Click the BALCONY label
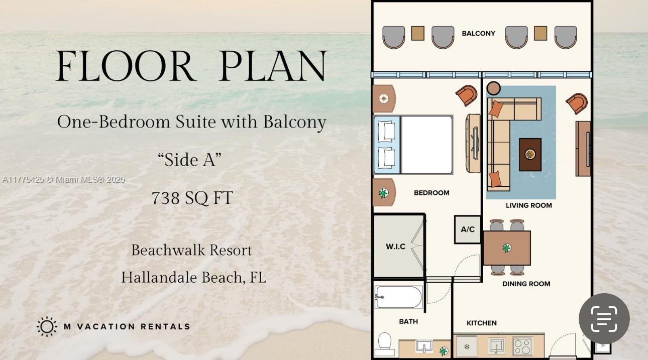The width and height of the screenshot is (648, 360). point(478,34)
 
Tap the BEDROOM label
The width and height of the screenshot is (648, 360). point(431,193)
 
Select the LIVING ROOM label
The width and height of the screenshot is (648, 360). point(528,205)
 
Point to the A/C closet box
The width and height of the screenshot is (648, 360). point(468,229)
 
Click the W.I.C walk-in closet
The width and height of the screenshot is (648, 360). point(396,246)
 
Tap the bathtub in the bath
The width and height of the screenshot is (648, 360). point(399,297)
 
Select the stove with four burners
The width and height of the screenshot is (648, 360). point(522,346)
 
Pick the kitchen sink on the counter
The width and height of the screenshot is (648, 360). point(496,346)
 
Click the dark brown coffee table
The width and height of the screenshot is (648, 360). point(530,154)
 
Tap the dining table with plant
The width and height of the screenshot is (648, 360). point(507,248)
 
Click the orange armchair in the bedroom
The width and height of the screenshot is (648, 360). point(467,95)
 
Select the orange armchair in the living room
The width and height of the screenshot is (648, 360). point(577,103)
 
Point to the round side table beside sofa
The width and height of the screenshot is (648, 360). point(494,88)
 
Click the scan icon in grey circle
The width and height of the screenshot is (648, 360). point(604,319)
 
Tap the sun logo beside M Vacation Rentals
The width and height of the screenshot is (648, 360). point(47,326)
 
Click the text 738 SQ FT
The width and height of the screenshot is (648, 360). point(192,198)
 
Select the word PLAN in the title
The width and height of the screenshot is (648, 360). point(273,66)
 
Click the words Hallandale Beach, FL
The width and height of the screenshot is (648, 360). point(193,277)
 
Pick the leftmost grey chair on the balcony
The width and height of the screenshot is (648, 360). point(393,37)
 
